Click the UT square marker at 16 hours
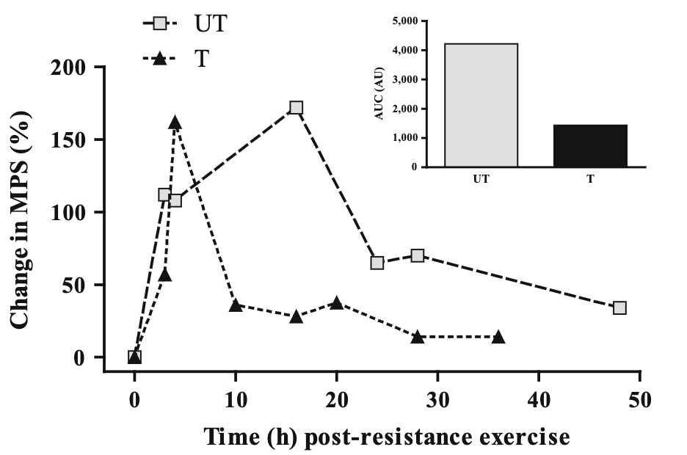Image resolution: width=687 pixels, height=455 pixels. [x=296, y=108]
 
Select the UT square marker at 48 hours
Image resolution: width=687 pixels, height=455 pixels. [x=619, y=307]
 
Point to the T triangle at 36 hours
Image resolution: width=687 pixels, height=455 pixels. [x=498, y=337]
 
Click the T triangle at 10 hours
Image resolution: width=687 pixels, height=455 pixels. [x=236, y=305]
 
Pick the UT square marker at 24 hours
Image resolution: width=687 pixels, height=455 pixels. [x=377, y=263]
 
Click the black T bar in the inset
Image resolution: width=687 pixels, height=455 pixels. [x=590, y=145]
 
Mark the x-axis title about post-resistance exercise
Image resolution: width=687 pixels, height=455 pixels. [x=386, y=437]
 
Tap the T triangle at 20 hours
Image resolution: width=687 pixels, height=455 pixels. [x=336, y=303]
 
